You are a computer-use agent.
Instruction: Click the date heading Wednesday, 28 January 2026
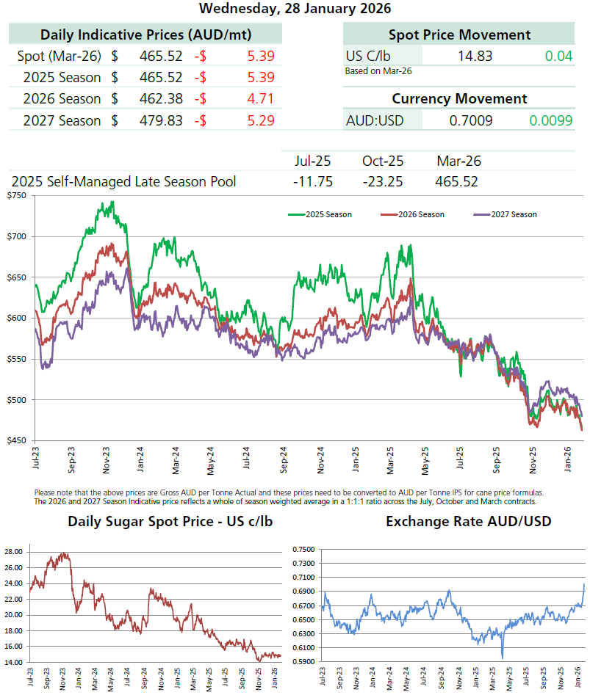[295, 9]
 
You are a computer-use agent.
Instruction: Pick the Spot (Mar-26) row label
[60, 55]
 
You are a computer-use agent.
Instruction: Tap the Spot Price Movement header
[459, 34]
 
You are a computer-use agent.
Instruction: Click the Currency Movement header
[459, 98]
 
